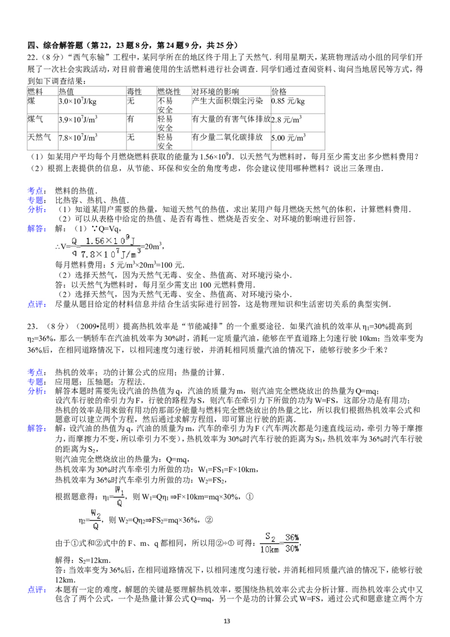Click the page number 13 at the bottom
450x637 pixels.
click(x=227, y=621)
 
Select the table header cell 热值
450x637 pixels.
click(x=66, y=91)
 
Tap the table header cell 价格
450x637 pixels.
click(x=279, y=91)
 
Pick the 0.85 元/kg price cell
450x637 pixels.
click(x=288, y=101)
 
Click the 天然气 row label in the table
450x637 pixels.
click(x=39, y=137)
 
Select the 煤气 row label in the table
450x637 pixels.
click(x=35, y=119)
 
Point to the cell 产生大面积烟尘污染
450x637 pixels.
click(x=227, y=101)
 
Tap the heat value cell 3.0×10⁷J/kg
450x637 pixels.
click(x=78, y=101)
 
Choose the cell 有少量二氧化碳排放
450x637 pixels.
click(x=227, y=137)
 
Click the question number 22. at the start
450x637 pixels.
click(x=33, y=57)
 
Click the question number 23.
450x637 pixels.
click(x=33, y=326)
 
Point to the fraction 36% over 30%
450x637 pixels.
click(x=292, y=543)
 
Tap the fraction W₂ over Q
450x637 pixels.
click(x=96, y=519)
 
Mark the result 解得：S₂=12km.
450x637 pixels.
click(x=83, y=560)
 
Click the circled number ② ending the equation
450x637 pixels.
click(x=209, y=519)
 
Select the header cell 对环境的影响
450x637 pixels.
click(x=215, y=91)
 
